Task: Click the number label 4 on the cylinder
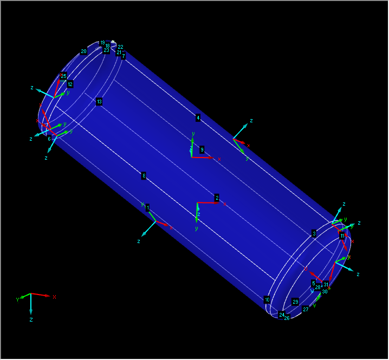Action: coord(198,117)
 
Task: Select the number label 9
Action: coord(202,149)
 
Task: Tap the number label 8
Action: coord(144,175)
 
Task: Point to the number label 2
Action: coord(217,198)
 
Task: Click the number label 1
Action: coord(147,208)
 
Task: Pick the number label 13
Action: coord(99,102)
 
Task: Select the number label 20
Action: coord(84,51)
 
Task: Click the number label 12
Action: coord(70,84)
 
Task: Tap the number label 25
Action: coord(63,76)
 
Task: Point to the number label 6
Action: coord(49,139)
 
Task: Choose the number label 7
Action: coord(124,56)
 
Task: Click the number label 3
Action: coord(314,234)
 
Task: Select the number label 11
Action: coord(342,236)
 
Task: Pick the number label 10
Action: coord(267,299)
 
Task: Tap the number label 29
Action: coord(295,302)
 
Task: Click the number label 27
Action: coord(306,309)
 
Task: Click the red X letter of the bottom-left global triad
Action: coord(55,297)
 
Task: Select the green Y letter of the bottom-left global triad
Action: coord(18,299)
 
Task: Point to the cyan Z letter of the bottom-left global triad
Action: coord(31,320)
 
